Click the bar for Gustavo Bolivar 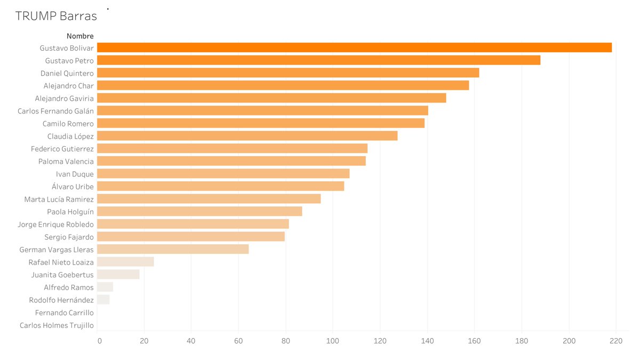354,47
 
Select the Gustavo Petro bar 318,60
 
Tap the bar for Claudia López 247,136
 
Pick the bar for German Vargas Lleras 173,249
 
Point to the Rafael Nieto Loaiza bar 125,262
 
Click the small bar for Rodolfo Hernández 103,300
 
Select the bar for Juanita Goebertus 118,274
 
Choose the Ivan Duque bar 223,173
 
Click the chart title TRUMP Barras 56,16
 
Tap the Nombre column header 80,36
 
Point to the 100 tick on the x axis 333,341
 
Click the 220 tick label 616,341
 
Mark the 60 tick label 238,341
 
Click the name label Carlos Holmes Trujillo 57,325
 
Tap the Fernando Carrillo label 65,313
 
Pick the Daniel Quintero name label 67,73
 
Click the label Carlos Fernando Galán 55,111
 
